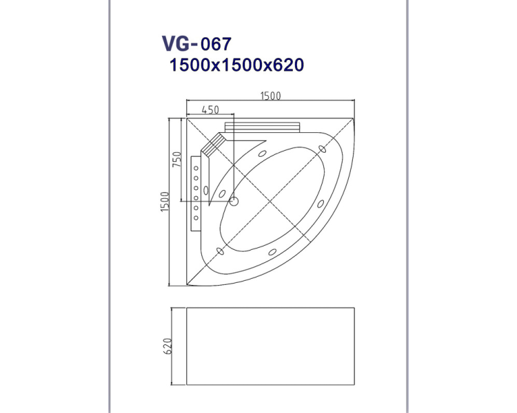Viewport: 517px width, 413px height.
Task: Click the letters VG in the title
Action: (176, 44)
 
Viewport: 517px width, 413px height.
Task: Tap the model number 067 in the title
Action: (216, 44)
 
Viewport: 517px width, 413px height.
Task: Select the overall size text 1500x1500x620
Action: (236, 65)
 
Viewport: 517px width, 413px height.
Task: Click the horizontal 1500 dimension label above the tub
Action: (271, 96)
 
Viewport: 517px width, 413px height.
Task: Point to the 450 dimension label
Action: (210, 109)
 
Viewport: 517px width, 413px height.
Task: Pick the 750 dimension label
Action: (177, 159)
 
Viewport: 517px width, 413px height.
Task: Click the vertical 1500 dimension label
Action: (165, 202)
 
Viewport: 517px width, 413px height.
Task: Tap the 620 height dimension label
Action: (168, 346)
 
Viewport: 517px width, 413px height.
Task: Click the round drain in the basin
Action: (234, 200)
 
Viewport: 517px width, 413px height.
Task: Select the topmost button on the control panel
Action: (196, 168)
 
